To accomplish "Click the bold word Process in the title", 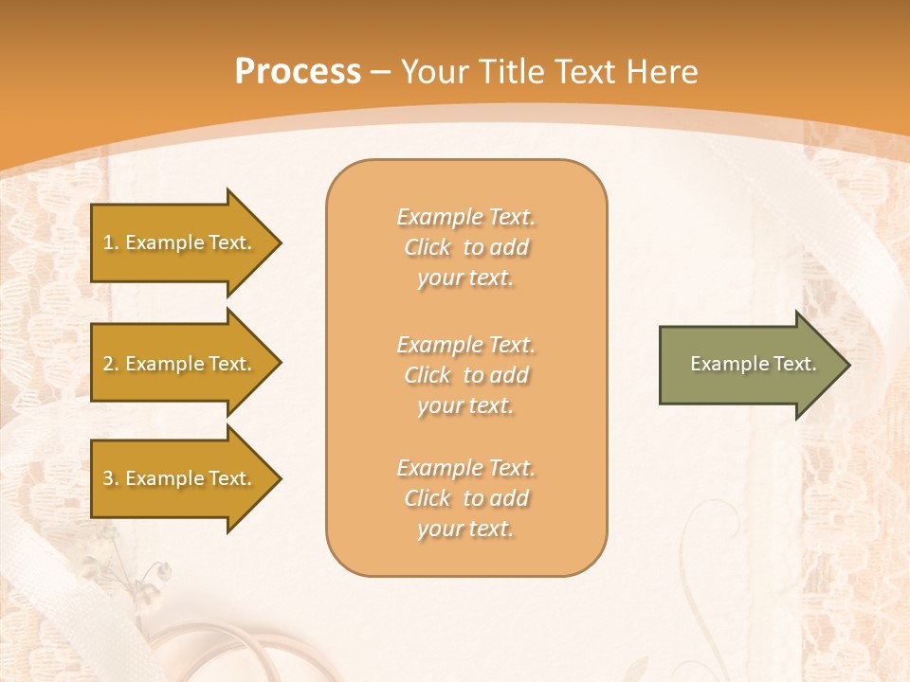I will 298,72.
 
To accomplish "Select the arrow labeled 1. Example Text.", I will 180,242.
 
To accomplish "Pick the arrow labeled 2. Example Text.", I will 180,364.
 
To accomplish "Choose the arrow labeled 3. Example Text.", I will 180,478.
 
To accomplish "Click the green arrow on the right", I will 749,364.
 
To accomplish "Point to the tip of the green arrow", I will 847,365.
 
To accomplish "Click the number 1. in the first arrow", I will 111,242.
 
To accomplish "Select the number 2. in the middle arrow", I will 111,364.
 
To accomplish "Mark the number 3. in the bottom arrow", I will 111,478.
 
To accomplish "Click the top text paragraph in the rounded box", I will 466,247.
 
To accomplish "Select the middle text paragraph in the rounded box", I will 466,375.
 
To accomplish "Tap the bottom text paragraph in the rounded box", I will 466,498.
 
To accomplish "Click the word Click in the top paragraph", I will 428,247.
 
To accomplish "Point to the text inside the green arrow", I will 753,364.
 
